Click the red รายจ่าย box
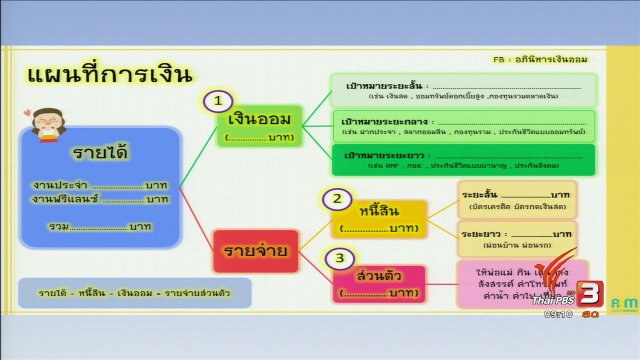coord(256,250)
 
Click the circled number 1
coord(219,101)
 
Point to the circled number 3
coord(340,258)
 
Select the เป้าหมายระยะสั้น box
coord(462,91)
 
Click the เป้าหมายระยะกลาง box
coord(462,125)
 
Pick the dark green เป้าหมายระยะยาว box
coord(462,159)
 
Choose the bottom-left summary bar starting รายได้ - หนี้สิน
coord(134,292)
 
